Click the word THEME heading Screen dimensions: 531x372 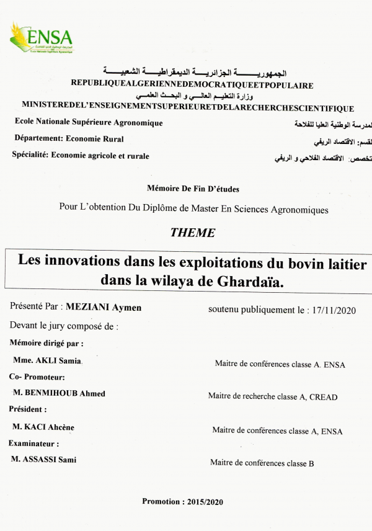192,233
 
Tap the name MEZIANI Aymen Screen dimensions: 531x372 104,307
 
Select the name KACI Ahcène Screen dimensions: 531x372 51,427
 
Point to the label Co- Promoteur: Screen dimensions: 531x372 37,377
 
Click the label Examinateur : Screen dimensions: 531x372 34,444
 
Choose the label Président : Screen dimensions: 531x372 28,410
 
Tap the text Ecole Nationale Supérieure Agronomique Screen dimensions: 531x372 89,123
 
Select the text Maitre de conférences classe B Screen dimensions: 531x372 262,463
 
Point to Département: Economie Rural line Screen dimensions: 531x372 68,139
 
